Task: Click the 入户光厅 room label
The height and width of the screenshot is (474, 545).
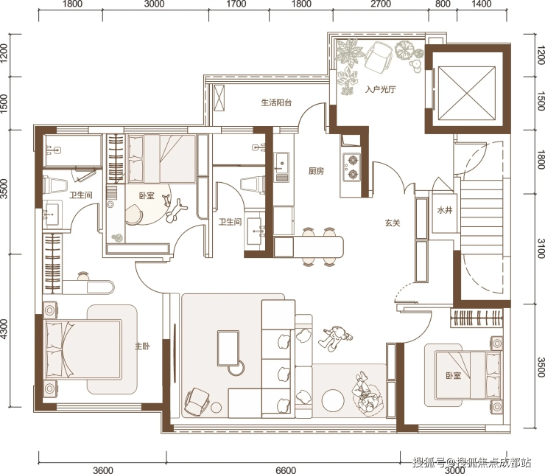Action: coord(380,89)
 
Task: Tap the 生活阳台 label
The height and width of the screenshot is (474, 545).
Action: coord(276,102)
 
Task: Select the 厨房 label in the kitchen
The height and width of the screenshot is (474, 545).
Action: coord(316,171)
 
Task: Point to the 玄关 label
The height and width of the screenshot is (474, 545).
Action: coord(393,223)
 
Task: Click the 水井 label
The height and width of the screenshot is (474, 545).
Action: coord(445,210)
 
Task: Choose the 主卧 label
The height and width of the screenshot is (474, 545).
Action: coord(142,346)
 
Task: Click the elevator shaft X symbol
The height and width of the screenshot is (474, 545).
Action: coord(467,93)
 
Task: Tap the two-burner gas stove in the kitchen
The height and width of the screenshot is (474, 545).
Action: coord(352,167)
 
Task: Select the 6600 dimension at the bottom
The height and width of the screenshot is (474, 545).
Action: coord(286,470)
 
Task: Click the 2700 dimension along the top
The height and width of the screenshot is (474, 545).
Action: coord(381,4)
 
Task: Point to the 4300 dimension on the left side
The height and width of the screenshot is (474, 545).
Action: coord(4,329)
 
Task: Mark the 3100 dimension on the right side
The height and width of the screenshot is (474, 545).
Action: coord(541,248)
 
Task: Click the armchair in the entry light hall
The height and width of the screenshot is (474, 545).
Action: coord(378,57)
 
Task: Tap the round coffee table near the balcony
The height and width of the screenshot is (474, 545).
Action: coord(333,400)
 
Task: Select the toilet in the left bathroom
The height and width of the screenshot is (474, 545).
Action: coord(54,184)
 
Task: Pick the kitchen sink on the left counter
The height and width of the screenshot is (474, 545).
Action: coord(281,163)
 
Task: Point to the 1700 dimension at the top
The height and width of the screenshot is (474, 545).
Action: coord(236,4)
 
